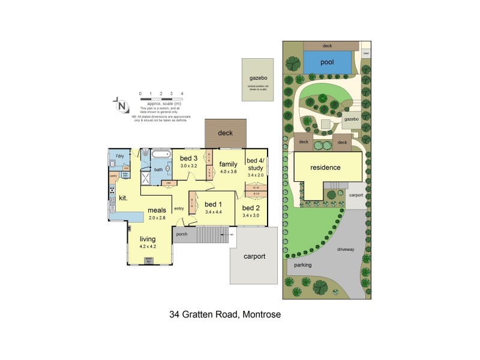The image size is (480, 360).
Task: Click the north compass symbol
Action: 122,106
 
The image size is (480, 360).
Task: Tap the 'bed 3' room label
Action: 189,158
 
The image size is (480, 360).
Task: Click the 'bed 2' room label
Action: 251,207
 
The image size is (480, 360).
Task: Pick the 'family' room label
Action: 229,164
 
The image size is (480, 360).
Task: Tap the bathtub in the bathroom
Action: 161,154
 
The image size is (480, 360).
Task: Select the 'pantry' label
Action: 113,176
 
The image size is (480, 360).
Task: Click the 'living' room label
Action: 148,239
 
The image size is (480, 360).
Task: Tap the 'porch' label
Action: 182,233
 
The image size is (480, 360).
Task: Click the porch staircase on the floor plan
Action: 209,235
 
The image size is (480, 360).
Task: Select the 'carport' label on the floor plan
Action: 254,256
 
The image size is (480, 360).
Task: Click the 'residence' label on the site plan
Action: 326,168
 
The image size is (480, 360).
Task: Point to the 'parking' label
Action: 302,264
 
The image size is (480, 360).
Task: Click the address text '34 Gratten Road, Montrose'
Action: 226,314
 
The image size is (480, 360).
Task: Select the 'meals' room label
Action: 157,210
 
